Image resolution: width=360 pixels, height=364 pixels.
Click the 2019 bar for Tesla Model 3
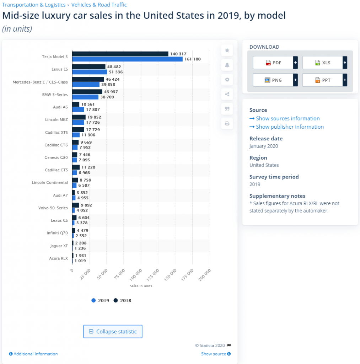coord(127,59)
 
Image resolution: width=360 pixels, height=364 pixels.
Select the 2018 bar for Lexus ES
coord(89,67)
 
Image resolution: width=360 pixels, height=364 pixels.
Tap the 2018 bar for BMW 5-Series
coord(87,92)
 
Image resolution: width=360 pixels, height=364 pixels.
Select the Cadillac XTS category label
coord(56,132)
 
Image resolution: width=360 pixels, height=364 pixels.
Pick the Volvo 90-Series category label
coord(53,208)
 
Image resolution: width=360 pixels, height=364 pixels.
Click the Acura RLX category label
coord(58,258)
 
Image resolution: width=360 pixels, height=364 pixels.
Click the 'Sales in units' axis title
coord(141,286)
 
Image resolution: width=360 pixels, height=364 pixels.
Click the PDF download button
coord(273,63)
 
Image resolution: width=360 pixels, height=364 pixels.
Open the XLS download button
coord(323,63)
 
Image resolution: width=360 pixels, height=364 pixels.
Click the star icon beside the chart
coord(227,50)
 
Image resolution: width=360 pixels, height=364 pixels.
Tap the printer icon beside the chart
coord(227,124)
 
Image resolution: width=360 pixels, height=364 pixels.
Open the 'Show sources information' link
coord(288,118)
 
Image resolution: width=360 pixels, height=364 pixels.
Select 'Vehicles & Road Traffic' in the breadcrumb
coord(99,5)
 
